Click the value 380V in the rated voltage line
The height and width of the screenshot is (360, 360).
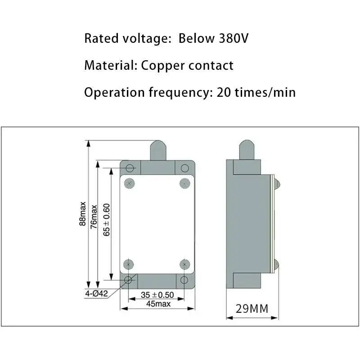234,38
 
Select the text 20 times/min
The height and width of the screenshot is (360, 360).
256,92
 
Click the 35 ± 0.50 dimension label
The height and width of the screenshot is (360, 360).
157,295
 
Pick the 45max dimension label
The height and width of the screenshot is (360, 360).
157,304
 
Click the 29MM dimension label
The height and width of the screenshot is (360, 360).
252,309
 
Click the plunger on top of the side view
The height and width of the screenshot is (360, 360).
247,149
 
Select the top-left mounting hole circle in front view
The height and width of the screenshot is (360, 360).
130,168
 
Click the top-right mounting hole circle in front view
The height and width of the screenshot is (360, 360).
184,168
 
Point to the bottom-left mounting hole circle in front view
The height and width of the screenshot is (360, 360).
129,280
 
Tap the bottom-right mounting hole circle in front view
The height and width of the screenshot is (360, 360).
184,280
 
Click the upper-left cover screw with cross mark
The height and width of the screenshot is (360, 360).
130,183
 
